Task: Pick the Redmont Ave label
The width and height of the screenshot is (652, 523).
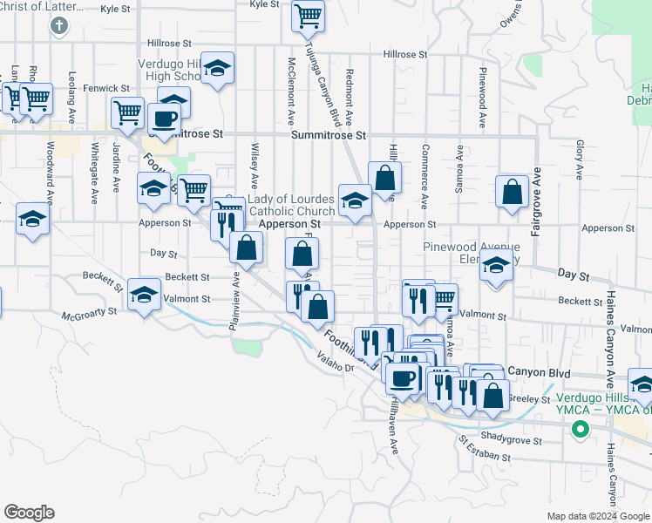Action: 349,97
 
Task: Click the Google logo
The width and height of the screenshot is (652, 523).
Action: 29,513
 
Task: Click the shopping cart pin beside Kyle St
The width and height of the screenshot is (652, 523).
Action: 308,14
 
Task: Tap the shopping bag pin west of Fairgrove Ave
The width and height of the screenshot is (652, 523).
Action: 512,189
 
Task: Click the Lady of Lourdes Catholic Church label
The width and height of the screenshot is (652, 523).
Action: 292,206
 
